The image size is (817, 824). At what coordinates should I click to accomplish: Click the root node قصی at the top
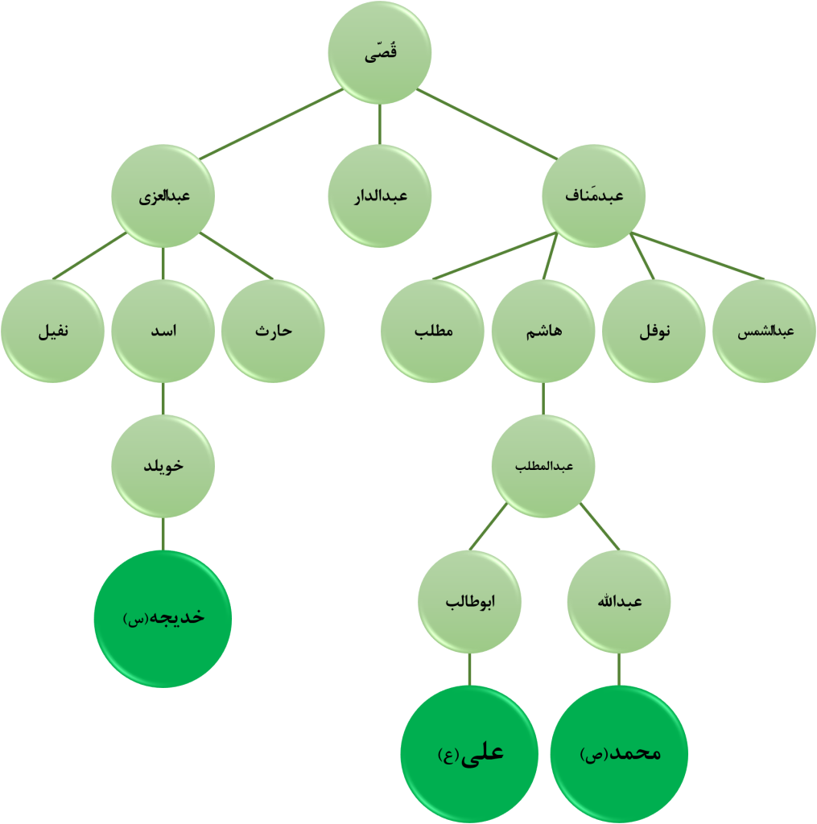pyautogui.click(x=380, y=53)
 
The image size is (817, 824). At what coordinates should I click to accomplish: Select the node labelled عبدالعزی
pyautogui.click(x=163, y=196)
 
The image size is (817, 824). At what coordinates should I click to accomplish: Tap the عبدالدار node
pyautogui.click(x=380, y=196)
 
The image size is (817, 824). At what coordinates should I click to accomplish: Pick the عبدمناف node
pyautogui.click(x=593, y=196)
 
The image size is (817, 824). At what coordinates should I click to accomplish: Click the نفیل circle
pyautogui.click(x=52, y=332)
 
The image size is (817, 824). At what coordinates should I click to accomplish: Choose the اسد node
pyautogui.click(x=163, y=332)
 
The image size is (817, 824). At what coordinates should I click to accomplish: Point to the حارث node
pyautogui.click(x=273, y=332)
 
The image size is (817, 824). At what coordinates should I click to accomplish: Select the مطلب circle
pyautogui.click(x=433, y=332)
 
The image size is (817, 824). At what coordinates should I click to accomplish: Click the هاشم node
pyautogui.click(x=543, y=332)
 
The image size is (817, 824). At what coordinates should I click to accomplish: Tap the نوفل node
pyautogui.click(x=654, y=332)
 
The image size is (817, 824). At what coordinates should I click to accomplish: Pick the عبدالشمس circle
pyautogui.click(x=764, y=332)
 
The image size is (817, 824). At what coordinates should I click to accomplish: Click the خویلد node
pyautogui.click(x=163, y=466)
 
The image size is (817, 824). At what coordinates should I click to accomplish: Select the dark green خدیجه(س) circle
pyautogui.click(x=163, y=618)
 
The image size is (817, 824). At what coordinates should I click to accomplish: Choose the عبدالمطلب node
pyautogui.click(x=543, y=466)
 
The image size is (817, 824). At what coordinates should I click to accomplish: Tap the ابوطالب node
pyautogui.click(x=469, y=602)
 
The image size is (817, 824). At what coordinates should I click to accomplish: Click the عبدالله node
pyautogui.click(x=618, y=602)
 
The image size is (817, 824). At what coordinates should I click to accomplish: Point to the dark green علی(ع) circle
pyautogui.click(x=469, y=754)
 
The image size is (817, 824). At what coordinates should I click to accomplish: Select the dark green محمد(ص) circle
pyautogui.click(x=619, y=754)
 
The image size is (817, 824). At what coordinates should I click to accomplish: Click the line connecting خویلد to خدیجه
pyautogui.click(x=163, y=533)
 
